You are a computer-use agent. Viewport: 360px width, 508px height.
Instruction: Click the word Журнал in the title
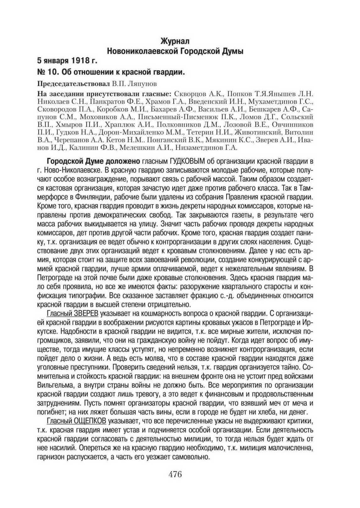(175, 41)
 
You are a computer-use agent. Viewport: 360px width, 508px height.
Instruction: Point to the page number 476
(175, 474)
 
